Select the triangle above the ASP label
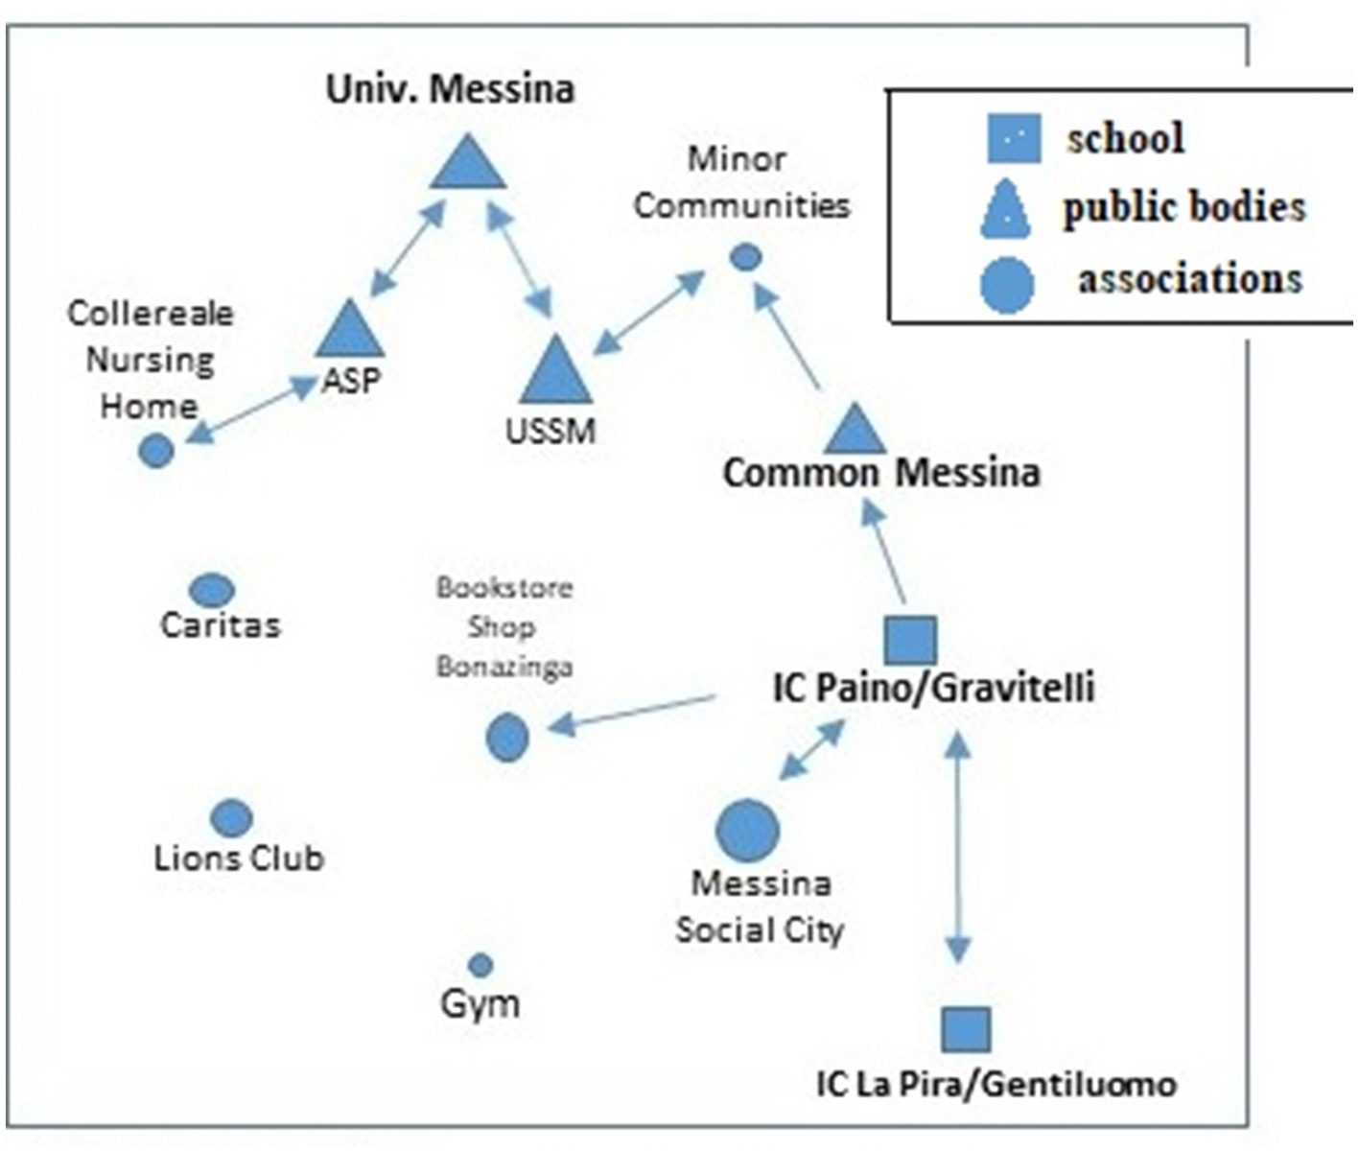(x=349, y=332)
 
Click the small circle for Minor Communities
(x=745, y=257)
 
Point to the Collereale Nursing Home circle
(x=156, y=450)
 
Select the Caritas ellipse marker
(x=212, y=590)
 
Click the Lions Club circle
(x=231, y=818)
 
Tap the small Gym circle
(x=480, y=964)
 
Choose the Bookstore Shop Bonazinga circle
(x=507, y=738)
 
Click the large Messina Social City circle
(x=747, y=830)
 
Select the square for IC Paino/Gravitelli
(x=910, y=640)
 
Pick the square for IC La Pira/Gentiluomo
(x=965, y=1029)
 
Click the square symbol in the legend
(x=1013, y=138)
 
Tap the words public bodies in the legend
(x=1183, y=207)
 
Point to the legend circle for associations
(x=1007, y=285)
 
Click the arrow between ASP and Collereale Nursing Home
(x=251, y=411)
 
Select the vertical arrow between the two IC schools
(x=957, y=848)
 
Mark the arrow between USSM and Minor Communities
(x=649, y=313)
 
